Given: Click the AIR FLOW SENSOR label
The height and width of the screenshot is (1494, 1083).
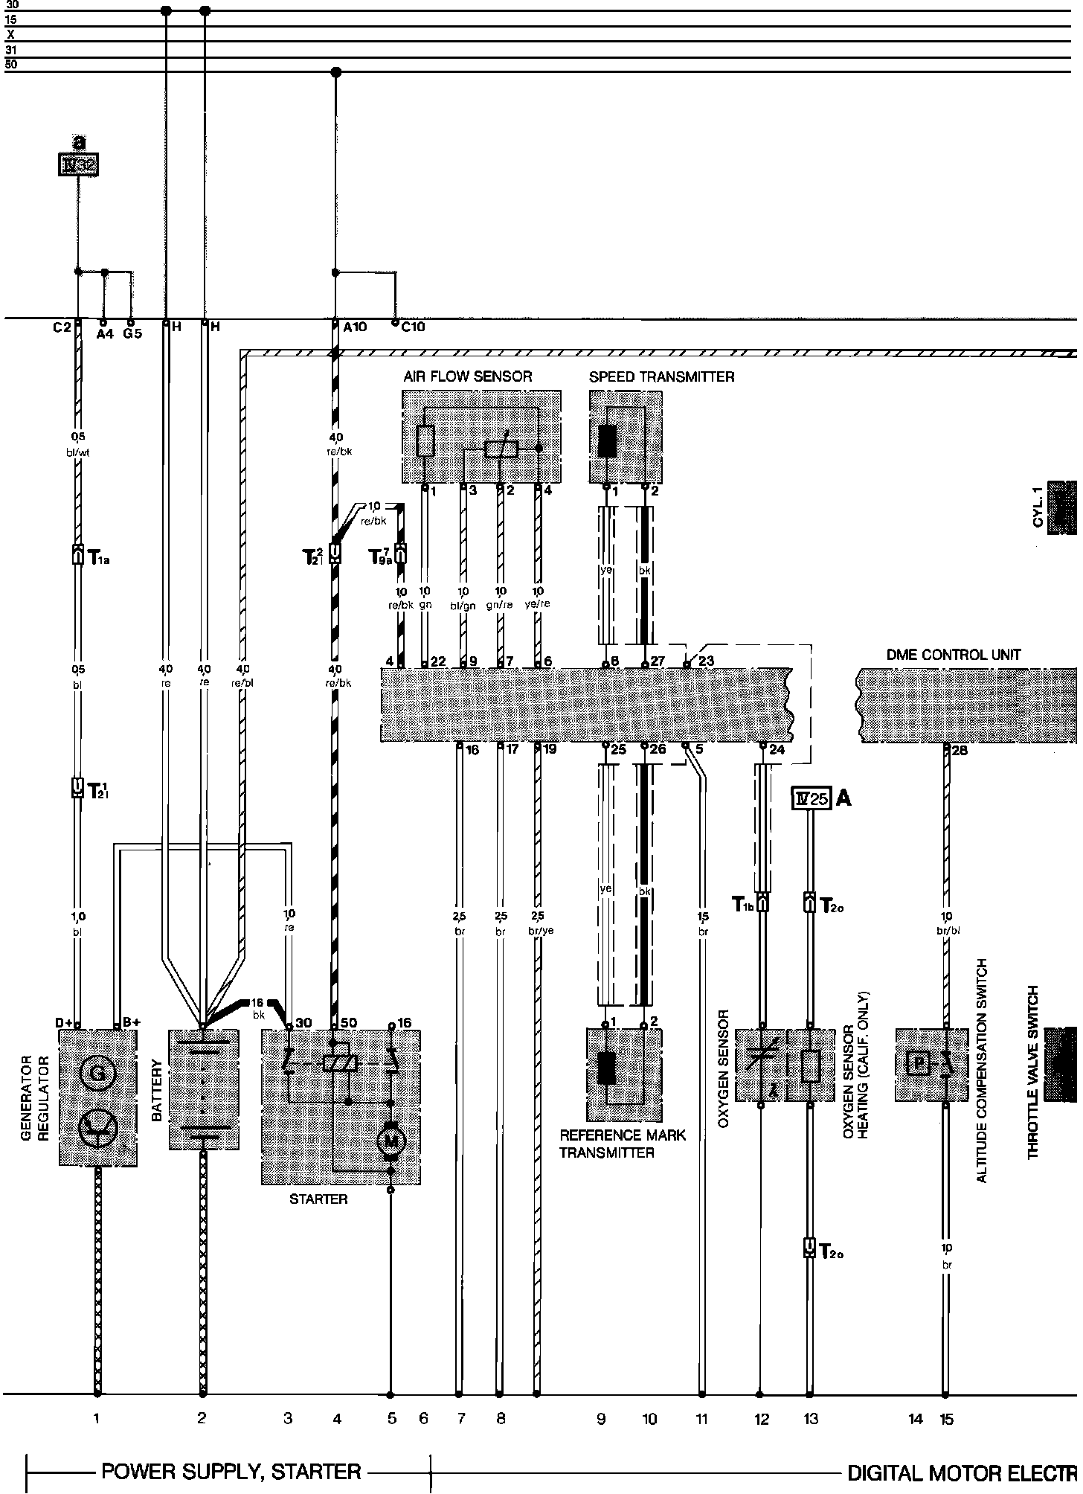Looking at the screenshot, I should (468, 376).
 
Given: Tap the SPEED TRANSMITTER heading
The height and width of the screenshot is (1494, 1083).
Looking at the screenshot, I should (661, 376).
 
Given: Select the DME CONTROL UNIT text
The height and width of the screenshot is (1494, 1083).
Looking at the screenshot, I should (954, 655).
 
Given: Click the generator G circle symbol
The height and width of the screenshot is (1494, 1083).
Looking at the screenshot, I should (97, 1074).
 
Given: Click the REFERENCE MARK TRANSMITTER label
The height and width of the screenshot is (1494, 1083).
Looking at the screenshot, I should (622, 1144).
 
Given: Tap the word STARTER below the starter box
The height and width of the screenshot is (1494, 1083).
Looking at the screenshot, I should (318, 1199).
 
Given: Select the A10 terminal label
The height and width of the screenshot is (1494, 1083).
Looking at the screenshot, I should (354, 327).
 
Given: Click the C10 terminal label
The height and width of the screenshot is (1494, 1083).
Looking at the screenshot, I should (413, 327).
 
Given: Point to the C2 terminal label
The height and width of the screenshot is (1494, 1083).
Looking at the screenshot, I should (62, 327).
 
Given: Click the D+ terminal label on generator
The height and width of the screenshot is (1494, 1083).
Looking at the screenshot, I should (63, 1023).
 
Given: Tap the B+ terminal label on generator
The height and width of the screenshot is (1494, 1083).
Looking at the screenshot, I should (132, 1022).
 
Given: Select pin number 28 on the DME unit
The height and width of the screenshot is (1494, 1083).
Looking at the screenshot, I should (960, 750).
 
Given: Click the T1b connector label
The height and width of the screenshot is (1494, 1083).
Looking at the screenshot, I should (743, 903).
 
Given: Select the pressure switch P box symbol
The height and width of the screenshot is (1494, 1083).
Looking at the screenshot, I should (919, 1065).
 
